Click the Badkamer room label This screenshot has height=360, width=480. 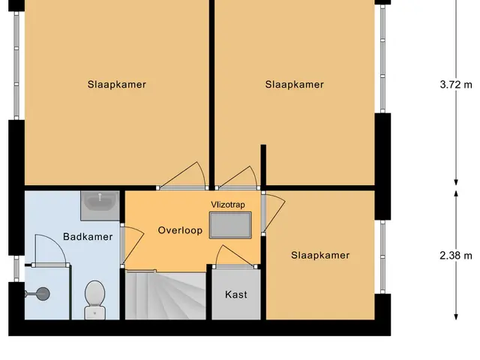pyautogui.click(x=88, y=237)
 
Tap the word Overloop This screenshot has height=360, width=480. pyautogui.click(x=180, y=230)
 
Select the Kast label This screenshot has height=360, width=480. pyautogui.click(x=236, y=295)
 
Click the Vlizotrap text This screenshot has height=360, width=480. pyautogui.click(x=228, y=205)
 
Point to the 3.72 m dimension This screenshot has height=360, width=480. pyautogui.click(x=456, y=84)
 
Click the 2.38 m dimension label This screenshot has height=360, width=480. pyautogui.click(x=456, y=255)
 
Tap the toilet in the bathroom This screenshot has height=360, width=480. pyautogui.click(x=95, y=300)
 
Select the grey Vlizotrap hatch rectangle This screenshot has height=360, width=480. pyautogui.click(x=230, y=225)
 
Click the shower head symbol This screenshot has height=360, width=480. pyautogui.click(x=40, y=294)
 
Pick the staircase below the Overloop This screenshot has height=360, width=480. pyautogui.click(x=166, y=295)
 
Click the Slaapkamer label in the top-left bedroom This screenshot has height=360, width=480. pyautogui.click(x=117, y=85)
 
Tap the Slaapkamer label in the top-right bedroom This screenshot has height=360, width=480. pyautogui.click(x=294, y=85)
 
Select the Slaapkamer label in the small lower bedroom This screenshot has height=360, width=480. pyautogui.click(x=320, y=255)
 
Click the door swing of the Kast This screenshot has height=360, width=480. pyautogui.click(x=235, y=256)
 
